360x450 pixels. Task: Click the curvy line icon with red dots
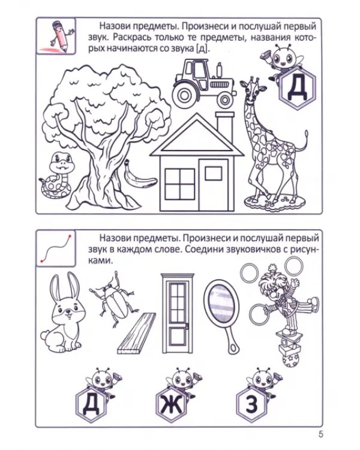pos(56,248)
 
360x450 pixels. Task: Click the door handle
pos(187,326)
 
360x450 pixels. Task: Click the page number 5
pos(320,434)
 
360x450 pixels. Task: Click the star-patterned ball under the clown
pos(290,360)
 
